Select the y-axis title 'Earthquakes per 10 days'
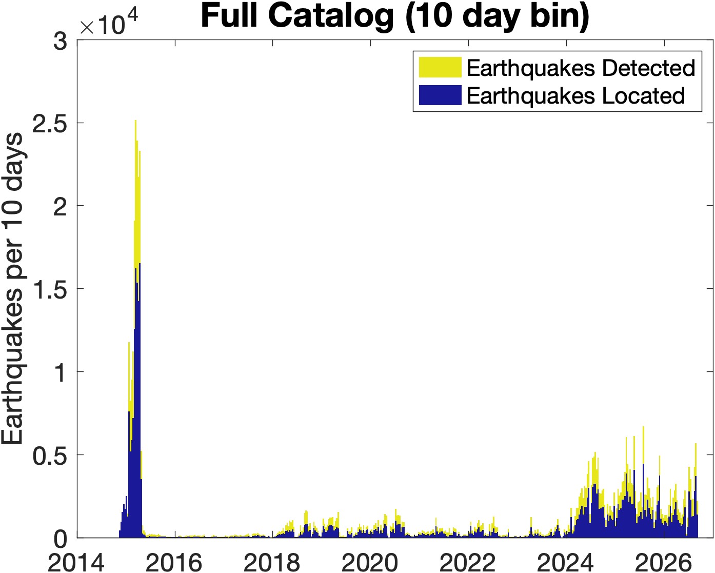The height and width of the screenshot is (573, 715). pos(12,288)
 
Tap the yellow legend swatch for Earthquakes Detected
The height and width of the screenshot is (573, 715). pos(440,67)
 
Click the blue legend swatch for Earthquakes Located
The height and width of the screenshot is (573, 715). pos(440,95)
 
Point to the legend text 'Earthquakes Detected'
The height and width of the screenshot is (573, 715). pos(581,68)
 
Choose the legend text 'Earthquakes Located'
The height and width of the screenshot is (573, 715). pos(576,96)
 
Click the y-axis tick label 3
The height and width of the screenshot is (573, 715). pos(61,42)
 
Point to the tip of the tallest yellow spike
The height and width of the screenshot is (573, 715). pos(135,121)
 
